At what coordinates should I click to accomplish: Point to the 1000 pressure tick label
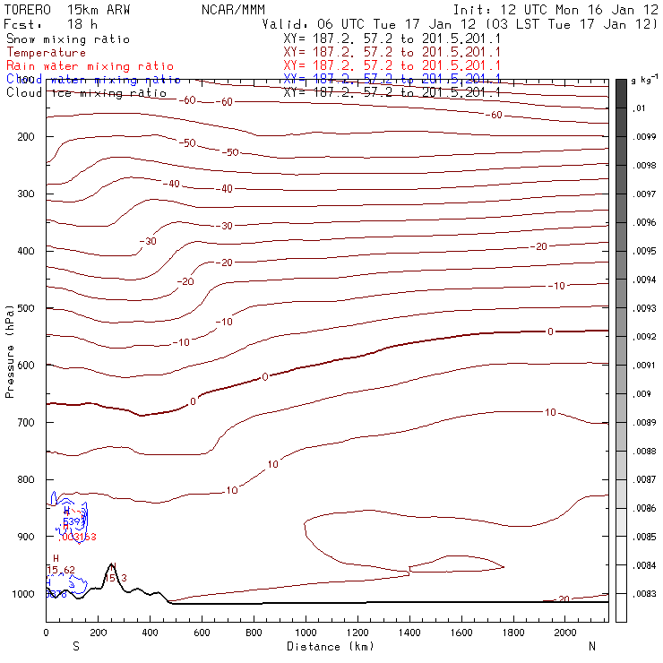23,594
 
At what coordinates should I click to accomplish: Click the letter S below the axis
76,646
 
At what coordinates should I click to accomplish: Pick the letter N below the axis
591,646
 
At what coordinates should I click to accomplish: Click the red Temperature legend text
46,53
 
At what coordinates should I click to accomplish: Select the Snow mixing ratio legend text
68,39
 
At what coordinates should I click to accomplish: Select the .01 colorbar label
640,108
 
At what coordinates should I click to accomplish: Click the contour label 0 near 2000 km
551,331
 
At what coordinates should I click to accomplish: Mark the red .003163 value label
77,537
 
